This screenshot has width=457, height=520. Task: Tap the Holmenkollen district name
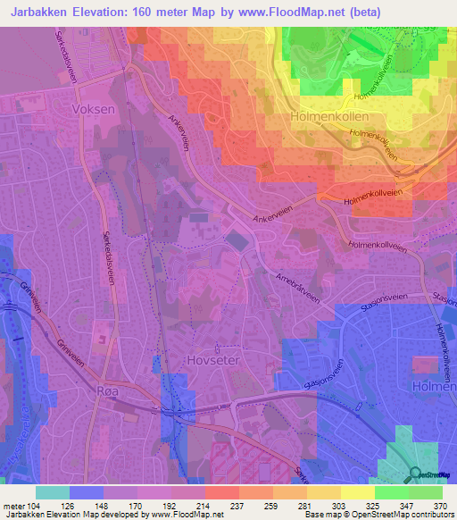point(330,117)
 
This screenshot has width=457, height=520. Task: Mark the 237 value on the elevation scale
point(223,505)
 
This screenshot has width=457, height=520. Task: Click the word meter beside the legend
point(14,505)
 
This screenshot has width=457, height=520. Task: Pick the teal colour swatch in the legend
point(53,492)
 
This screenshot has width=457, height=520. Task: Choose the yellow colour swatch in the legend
point(357,492)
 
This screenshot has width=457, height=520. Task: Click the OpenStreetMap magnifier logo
point(414,474)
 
